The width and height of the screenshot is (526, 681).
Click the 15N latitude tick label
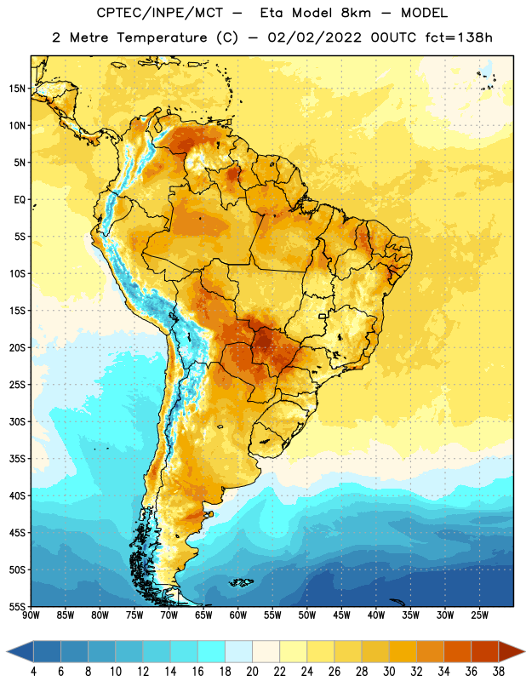point(17,89)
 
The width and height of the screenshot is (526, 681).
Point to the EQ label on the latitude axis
point(20,200)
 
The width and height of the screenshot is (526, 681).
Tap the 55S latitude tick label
point(17,607)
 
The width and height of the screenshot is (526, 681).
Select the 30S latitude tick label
point(17,421)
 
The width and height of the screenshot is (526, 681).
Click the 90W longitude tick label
point(31,615)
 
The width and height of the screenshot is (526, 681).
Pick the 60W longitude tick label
point(238,615)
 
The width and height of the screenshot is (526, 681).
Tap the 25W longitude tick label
point(479,615)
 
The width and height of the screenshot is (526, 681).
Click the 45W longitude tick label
point(341,615)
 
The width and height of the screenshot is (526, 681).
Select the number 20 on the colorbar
point(252,672)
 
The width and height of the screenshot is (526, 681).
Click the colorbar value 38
point(499,672)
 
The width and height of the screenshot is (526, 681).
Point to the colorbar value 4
point(33,672)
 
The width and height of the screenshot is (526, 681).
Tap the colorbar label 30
point(389,672)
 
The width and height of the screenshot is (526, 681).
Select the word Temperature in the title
point(162,37)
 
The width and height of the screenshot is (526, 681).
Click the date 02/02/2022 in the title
point(314,37)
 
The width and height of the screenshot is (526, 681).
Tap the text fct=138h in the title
point(459,37)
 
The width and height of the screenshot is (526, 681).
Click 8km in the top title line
point(356,13)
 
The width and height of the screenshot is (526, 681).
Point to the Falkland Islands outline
point(241,582)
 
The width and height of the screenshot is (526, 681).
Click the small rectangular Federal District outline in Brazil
point(323,316)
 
